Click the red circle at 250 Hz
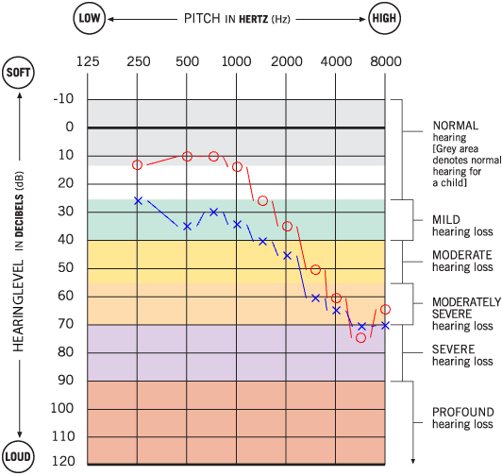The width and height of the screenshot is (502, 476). click(x=138, y=165)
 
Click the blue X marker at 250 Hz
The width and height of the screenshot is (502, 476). click(x=138, y=201)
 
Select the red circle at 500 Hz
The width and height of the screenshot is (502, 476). click(x=187, y=156)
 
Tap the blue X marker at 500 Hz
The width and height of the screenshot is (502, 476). click(x=187, y=227)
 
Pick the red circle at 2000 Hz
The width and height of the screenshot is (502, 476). click(x=287, y=227)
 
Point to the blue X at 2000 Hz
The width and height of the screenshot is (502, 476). click(x=287, y=255)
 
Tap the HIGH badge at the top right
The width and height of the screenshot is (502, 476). click(x=385, y=19)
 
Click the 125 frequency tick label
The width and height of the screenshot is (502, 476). click(x=88, y=62)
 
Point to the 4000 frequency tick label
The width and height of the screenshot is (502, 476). click(x=336, y=62)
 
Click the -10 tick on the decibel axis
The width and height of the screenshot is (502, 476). click(x=63, y=99)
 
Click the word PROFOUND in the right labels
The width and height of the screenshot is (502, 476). click(x=462, y=413)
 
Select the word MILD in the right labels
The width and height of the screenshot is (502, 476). click(x=447, y=219)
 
